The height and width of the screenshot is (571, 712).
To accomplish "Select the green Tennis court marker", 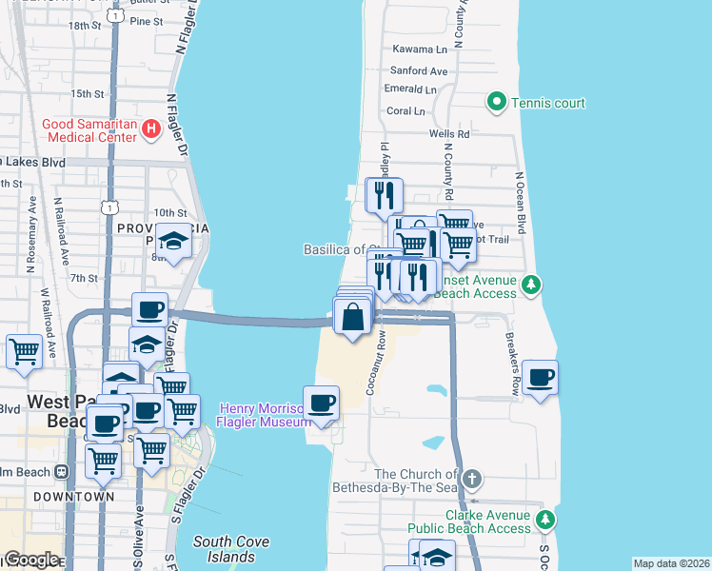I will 496,102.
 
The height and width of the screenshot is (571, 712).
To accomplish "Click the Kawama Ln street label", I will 420,49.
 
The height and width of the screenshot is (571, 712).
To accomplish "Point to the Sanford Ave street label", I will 420,70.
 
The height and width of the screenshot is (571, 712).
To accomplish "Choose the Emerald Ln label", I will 410,89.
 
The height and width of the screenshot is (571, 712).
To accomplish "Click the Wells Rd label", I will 449,134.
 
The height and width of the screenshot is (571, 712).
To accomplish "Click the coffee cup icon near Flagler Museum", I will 321,403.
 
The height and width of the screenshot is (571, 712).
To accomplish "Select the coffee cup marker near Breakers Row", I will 540,377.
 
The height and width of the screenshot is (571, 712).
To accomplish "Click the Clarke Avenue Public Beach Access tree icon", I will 545,520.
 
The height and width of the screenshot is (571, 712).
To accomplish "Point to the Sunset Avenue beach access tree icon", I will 533,284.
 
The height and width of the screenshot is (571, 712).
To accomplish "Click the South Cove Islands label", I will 230,548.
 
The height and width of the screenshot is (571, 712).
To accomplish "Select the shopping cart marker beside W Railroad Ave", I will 24,351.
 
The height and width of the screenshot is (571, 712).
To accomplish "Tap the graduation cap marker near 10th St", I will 173,240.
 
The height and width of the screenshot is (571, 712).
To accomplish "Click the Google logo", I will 31,560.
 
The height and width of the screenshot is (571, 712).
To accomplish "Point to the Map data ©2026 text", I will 671,563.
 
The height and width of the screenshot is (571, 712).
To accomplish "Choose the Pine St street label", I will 146,21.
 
